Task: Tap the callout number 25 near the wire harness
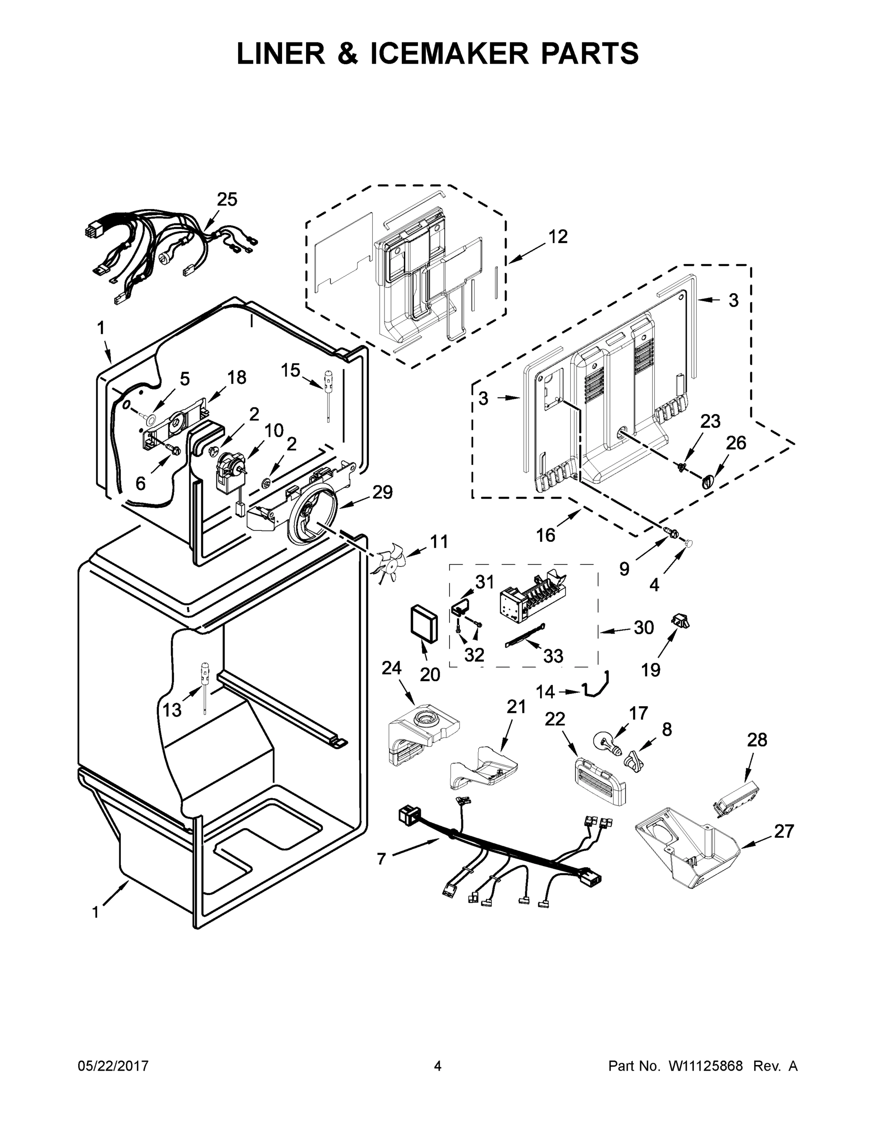click(227, 199)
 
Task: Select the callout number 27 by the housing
click(784, 831)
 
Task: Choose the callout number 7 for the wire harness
click(382, 859)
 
